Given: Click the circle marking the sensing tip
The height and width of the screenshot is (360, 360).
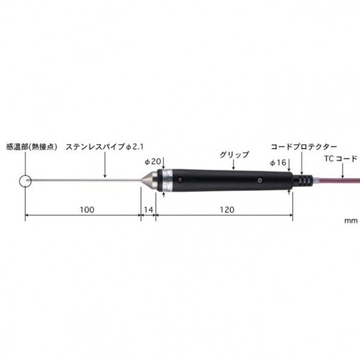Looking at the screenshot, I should coord(25,179).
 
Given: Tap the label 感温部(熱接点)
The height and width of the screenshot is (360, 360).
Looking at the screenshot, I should coord(31,146).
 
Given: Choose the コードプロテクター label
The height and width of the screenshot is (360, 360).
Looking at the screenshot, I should coord(303,146).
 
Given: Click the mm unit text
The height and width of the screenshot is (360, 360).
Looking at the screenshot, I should coord(350,221).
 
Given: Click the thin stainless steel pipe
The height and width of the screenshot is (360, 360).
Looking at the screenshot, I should coord(84,179).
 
